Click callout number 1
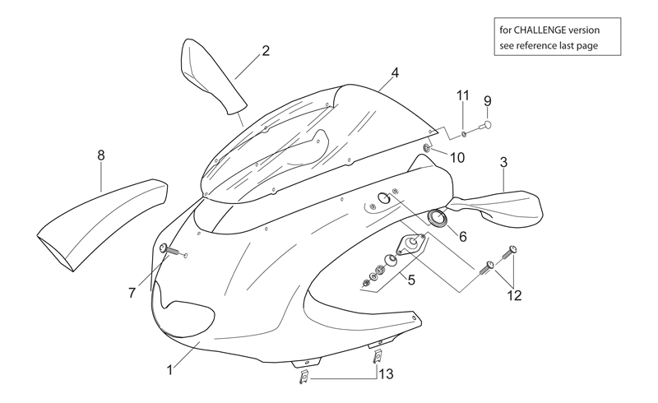(170, 370)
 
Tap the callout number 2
(266, 51)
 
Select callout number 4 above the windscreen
(395, 73)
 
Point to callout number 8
(100, 155)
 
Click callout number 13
(387, 373)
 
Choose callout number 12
(515, 295)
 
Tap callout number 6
(463, 237)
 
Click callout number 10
(457, 158)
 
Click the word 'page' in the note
(588, 46)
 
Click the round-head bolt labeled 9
(485, 125)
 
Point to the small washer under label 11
(463, 134)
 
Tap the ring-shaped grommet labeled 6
(438, 220)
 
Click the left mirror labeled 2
(210, 76)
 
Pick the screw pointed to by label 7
(169, 250)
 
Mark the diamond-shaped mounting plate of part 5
(411, 243)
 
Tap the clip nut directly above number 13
(378, 356)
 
